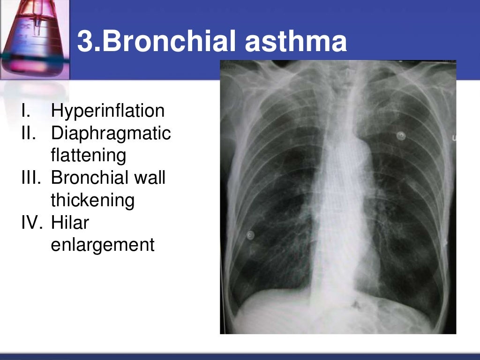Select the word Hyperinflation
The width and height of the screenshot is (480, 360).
coord(107,111)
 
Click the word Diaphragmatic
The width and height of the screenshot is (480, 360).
coord(111,134)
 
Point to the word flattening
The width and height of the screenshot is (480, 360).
coord(88,156)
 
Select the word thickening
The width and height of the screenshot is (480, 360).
coord(92,201)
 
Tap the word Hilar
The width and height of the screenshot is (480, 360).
coord(70,223)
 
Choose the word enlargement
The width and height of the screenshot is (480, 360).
coord(102,245)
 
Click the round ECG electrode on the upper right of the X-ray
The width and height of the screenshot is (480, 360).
coord(401,136)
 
